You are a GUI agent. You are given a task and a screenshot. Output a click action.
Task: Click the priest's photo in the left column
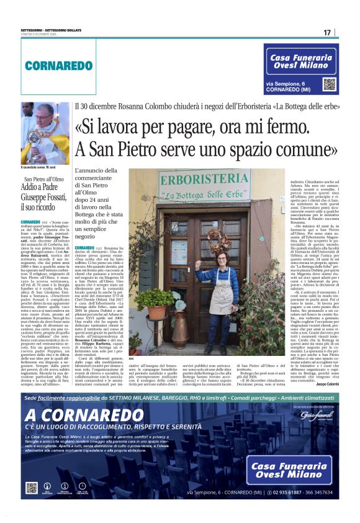[x=45, y=133]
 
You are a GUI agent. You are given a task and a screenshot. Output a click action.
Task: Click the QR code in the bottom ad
[x=32, y=488]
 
